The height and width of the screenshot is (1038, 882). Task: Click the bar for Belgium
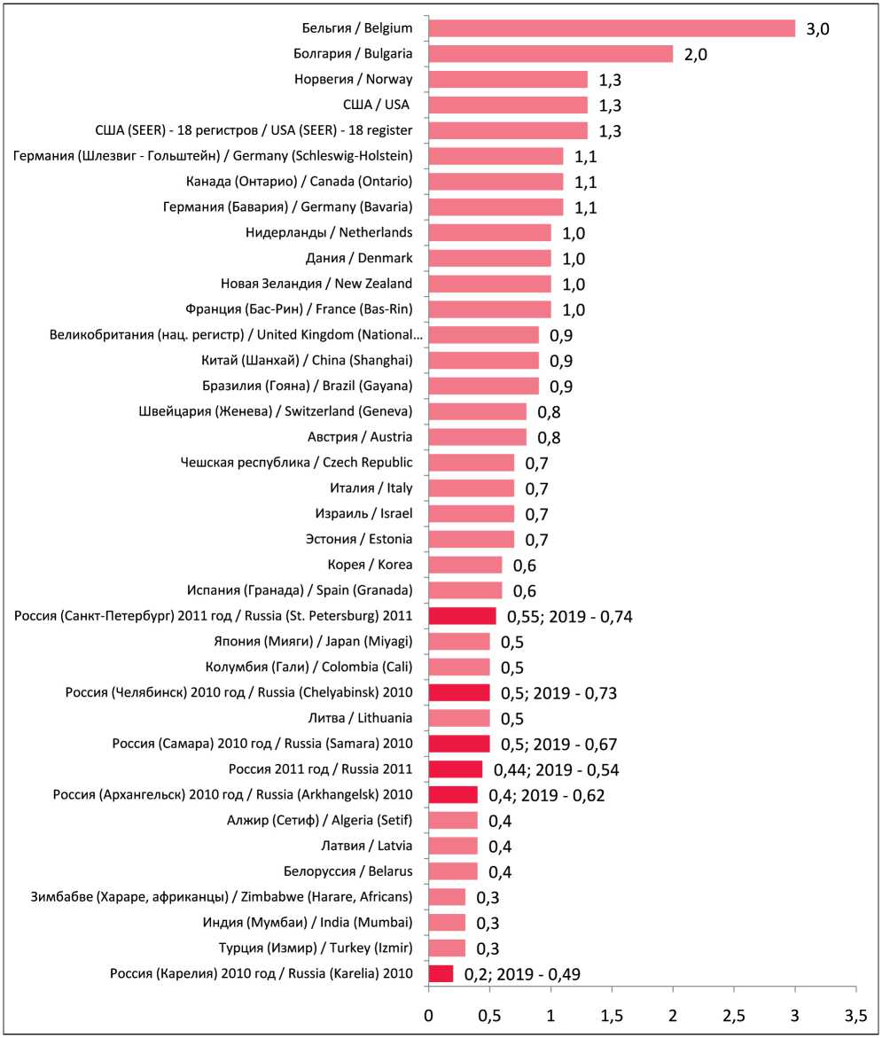(x=612, y=28)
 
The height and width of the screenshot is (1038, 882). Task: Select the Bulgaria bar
(x=550, y=54)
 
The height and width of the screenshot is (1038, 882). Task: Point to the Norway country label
(x=354, y=80)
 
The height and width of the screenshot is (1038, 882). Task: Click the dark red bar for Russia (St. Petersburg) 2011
(x=462, y=616)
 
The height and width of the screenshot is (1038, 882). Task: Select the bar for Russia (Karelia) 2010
(x=441, y=974)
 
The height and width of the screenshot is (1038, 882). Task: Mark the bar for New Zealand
(x=489, y=284)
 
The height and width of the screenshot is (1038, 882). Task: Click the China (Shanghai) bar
(x=483, y=361)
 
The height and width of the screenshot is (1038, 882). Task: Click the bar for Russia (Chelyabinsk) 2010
(x=459, y=692)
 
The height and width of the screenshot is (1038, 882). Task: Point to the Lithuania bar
(x=459, y=718)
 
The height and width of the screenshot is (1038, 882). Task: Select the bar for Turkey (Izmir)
(x=447, y=948)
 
